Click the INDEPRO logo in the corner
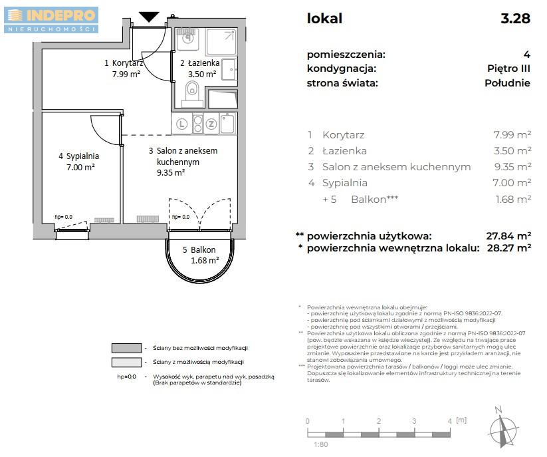click(51, 20)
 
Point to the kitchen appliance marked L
click(181, 123)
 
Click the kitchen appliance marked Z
click(211, 123)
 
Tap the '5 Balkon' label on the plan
click(199, 250)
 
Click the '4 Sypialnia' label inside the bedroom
click(78, 156)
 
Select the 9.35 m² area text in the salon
click(171, 172)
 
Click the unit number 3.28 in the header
click(515, 19)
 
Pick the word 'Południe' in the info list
click(508, 83)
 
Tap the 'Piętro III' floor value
click(508, 69)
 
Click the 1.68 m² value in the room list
click(514, 199)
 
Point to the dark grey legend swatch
click(126, 348)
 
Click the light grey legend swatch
click(126, 362)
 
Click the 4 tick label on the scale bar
click(449, 421)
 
